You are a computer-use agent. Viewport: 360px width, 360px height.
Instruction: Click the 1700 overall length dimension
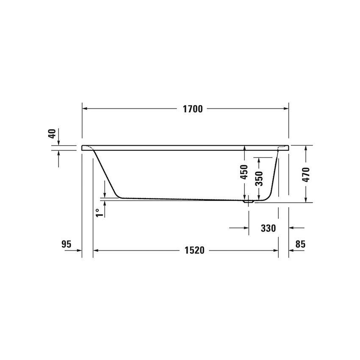tap(193, 109)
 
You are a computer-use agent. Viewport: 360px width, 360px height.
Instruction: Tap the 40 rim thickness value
tap(52, 134)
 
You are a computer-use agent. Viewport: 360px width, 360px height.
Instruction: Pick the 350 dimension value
tap(259, 178)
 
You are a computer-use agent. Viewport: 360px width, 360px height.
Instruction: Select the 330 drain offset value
tap(268, 228)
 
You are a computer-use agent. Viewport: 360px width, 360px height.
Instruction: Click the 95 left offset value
tap(66, 244)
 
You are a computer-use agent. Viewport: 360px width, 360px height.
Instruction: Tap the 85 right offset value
tap(300, 244)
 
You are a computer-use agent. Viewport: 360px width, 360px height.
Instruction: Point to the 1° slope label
tap(98, 212)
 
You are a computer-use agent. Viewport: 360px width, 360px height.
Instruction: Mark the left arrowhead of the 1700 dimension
tap(85, 109)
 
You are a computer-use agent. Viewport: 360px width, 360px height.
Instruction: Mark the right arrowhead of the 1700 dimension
tap(286, 109)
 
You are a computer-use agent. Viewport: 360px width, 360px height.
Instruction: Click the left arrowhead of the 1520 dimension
tap(96, 250)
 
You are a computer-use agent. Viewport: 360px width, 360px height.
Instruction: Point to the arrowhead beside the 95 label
tap(79, 250)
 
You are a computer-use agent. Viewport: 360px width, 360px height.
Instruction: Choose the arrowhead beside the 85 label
tap(292, 250)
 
